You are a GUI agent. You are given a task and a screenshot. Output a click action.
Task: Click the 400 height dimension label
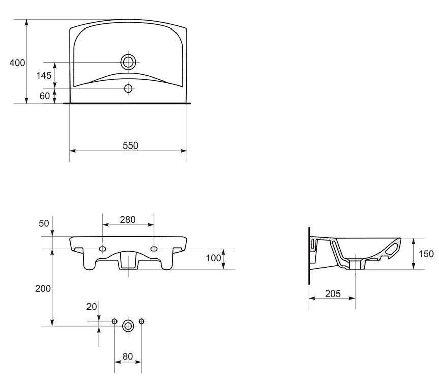tap(17, 63)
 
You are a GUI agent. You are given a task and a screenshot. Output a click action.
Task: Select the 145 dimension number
tap(44, 76)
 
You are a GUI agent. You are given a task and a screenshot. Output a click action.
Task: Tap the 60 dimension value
tap(45, 96)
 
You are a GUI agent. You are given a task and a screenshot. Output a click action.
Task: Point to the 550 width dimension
tap(130, 145)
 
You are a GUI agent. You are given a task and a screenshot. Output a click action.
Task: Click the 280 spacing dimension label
tap(128, 220)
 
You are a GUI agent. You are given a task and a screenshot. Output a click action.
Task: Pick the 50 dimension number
tap(44, 223)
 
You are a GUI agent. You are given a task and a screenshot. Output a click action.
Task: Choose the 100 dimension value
tap(214, 258)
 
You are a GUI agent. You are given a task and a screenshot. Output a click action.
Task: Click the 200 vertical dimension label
tap(43, 288)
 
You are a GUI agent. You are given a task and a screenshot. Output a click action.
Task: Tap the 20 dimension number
tap(92, 307)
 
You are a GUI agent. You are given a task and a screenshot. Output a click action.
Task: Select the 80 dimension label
tap(128, 357)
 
